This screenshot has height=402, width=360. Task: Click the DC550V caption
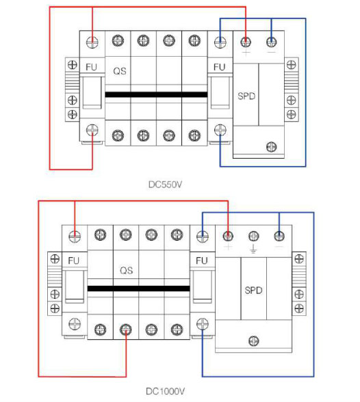(165, 185)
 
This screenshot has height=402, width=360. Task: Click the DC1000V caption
(165, 391)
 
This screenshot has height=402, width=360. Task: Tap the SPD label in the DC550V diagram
(246, 96)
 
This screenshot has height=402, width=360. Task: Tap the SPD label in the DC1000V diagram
(253, 291)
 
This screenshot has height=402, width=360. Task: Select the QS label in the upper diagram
(120, 71)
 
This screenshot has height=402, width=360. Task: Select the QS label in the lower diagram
(126, 271)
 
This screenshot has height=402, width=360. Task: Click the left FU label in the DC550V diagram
(91, 67)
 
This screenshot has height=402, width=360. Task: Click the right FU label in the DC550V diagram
(220, 67)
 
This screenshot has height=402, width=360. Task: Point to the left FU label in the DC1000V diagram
(74, 260)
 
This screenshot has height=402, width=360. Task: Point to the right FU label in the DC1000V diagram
(202, 260)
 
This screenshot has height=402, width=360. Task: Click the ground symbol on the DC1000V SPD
(253, 248)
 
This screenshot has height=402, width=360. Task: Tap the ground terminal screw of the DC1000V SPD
(253, 236)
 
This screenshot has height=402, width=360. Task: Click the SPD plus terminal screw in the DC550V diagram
(246, 42)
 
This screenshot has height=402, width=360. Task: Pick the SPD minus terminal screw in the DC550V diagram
(272, 42)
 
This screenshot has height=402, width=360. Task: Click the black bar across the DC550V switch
(156, 94)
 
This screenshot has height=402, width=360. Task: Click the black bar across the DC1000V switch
(139, 289)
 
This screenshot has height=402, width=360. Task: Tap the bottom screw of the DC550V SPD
(272, 147)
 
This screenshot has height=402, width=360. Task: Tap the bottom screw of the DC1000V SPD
(254, 341)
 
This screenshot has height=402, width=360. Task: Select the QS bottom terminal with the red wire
(126, 330)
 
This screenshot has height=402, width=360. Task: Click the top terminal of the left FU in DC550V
(92, 42)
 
